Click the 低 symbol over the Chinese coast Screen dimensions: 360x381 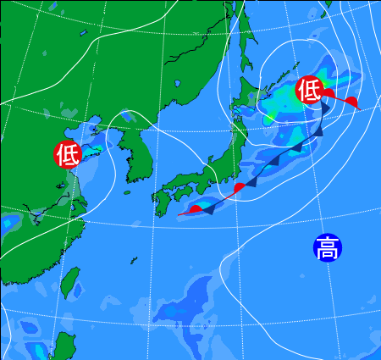[68, 154]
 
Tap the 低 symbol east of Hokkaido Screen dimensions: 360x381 [309, 88]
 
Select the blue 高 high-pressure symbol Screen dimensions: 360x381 [326, 247]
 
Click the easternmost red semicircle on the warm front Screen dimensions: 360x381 [351, 102]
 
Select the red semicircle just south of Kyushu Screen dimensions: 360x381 [196, 208]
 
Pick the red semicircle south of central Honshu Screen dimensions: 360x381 [240, 187]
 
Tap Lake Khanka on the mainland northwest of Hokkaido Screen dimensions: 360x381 [179, 85]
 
